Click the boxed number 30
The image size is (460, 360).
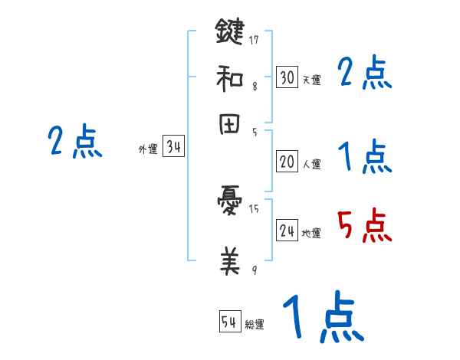[287, 77]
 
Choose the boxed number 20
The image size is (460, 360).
[287, 162]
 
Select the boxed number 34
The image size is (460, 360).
[173, 147]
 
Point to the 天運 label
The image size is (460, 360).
[311, 80]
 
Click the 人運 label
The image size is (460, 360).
[311, 164]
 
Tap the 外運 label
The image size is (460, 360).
[148, 149]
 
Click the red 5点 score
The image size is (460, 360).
[364, 227]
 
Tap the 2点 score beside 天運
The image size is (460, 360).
[364, 74]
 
